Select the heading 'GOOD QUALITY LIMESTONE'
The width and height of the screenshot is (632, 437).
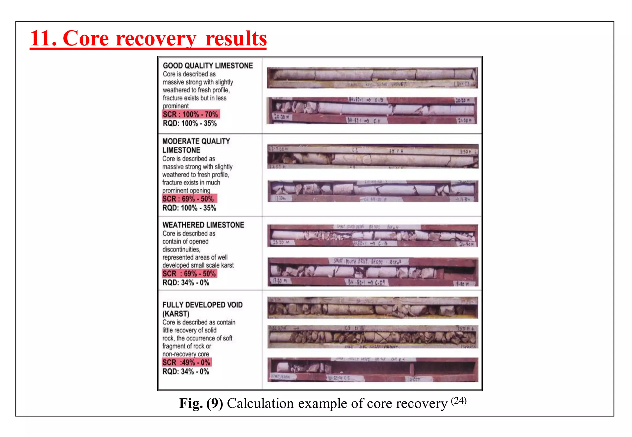point(208,66)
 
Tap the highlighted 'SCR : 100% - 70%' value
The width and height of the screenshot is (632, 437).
point(191,114)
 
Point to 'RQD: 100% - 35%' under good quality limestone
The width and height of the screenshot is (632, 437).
point(190,124)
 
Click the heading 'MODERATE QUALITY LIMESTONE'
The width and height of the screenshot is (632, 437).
point(196,145)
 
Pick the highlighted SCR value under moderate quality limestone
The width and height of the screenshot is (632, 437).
point(189,199)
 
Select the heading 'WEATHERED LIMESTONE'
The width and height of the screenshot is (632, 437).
point(203,225)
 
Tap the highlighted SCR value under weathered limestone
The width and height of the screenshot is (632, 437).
point(189,274)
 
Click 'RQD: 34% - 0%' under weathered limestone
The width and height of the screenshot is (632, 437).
point(186,283)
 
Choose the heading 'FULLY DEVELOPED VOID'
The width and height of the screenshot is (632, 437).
point(202,305)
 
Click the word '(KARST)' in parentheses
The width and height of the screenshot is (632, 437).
point(176,314)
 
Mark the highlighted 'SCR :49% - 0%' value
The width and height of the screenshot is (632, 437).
point(187,362)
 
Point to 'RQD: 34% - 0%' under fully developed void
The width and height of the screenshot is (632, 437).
point(186,372)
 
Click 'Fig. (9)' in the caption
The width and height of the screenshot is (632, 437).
point(201,403)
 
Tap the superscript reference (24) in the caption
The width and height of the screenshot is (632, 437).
point(459,400)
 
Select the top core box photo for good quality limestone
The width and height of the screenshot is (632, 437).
point(372,78)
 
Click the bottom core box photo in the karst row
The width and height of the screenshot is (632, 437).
point(372,370)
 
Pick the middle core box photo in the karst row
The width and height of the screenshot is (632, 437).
point(372,337)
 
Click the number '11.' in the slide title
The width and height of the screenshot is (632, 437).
point(44,39)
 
